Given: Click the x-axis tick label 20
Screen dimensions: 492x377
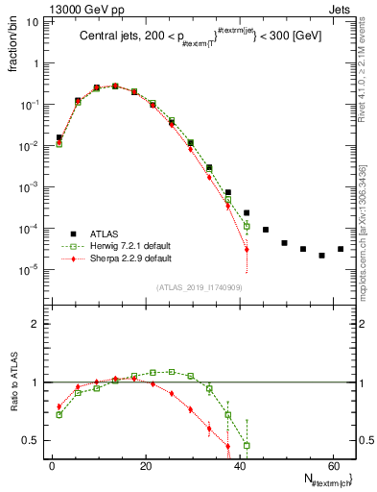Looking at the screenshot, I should coord(144,466).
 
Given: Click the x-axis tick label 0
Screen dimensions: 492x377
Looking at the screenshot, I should coord(51,466).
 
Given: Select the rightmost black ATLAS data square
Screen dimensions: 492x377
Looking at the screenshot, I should coord(341,249).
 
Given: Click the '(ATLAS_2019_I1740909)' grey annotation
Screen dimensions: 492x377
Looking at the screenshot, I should coord(199,287).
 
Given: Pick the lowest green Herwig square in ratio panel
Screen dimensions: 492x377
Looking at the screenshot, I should coord(247,446).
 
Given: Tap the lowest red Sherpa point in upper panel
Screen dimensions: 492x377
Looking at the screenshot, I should coord(247,250).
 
